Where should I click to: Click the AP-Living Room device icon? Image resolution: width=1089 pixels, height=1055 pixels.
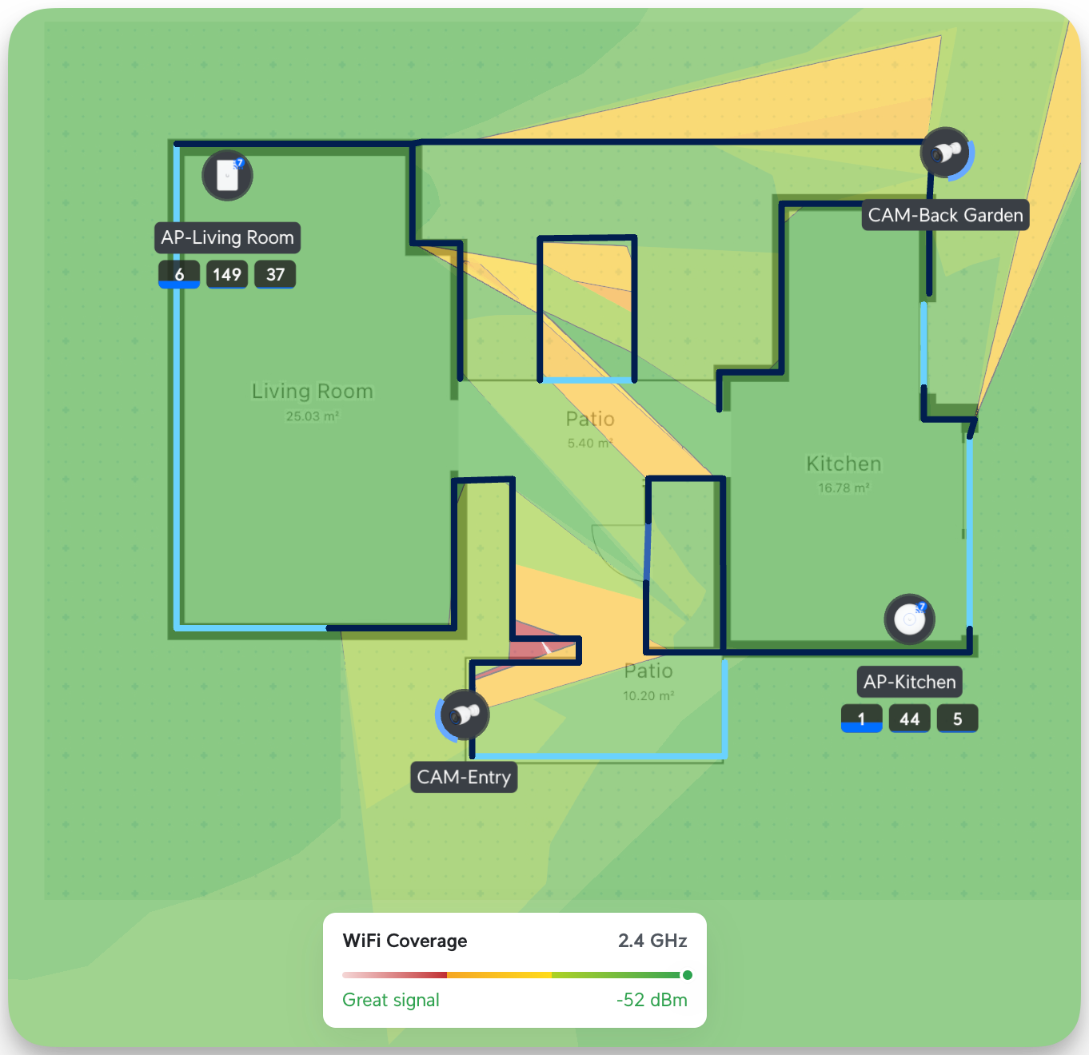(228, 176)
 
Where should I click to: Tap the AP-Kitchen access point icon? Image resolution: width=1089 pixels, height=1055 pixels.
(910, 619)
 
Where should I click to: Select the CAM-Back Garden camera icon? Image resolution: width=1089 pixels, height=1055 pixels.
(946, 152)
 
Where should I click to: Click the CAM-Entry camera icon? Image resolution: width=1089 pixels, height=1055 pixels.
(465, 715)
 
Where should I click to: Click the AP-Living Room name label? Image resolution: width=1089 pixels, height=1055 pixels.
(227, 237)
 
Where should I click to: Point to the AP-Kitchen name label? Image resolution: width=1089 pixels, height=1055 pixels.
(909, 682)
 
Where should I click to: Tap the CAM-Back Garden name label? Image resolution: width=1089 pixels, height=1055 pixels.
(945, 215)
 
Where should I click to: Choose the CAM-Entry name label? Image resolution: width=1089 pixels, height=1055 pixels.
(464, 777)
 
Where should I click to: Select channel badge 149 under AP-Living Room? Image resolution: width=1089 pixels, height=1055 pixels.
(227, 274)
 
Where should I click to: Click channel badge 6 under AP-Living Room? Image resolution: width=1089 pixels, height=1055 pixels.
(179, 274)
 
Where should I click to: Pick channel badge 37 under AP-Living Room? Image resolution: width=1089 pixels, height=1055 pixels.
(275, 274)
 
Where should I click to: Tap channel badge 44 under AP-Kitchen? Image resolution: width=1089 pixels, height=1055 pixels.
(909, 719)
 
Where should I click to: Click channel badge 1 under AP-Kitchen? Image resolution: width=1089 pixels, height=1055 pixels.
(861, 719)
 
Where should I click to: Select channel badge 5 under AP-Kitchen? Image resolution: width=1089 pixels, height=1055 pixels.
(957, 719)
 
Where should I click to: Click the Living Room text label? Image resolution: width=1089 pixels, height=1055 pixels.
(312, 392)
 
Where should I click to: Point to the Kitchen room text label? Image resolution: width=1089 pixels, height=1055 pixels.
(844, 464)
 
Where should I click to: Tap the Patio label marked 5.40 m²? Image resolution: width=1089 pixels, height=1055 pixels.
(590, 420)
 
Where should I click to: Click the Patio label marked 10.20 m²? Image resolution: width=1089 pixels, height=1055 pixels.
(648, 671)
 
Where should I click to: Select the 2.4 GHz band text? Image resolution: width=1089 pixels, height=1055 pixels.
(652, 941)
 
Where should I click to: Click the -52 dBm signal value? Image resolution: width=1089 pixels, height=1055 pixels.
(652, 1000)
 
